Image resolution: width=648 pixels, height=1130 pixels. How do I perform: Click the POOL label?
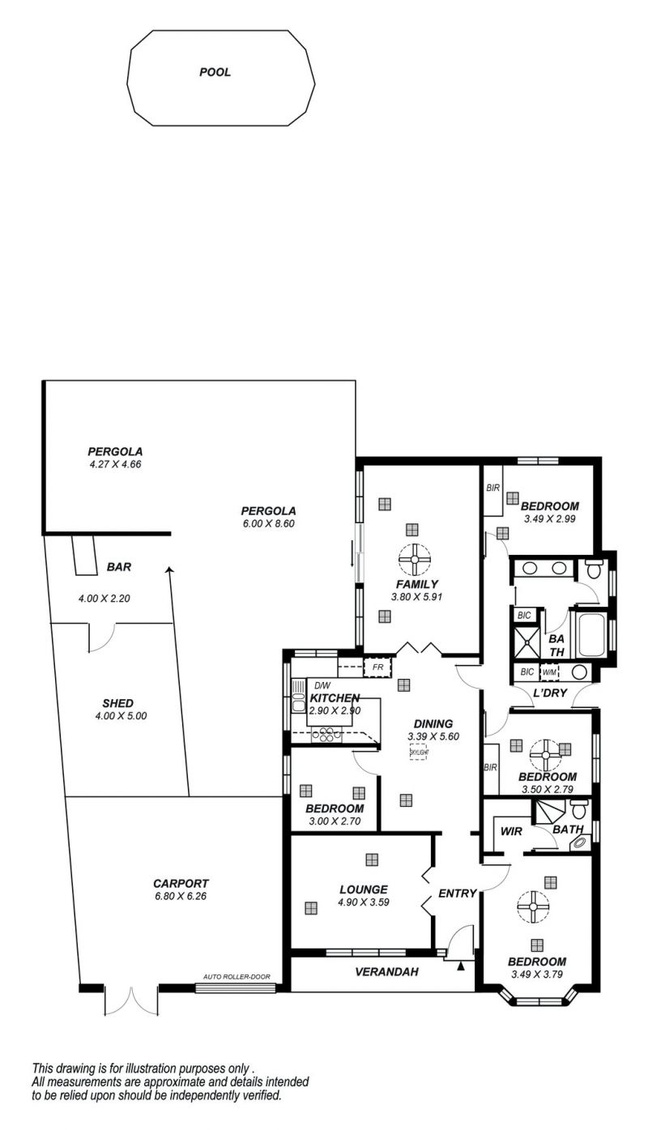click(215, 72)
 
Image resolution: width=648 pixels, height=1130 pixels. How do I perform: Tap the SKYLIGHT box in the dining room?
click(419, 753)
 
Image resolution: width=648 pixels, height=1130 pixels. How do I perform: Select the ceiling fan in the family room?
click(415, 559)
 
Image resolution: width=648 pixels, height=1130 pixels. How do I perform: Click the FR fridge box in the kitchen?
click(377, 667)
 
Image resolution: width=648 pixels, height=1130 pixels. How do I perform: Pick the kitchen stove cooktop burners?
click(326, 735)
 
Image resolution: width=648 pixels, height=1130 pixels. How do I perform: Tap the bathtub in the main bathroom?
click(592, 634)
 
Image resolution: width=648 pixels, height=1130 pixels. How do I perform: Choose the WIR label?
click(511, 831)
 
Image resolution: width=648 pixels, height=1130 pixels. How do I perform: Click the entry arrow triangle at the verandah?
click(460, 966)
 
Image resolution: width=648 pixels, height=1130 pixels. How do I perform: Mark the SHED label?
click(118, 703)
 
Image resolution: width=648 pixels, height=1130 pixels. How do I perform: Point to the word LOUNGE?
click(364, 889)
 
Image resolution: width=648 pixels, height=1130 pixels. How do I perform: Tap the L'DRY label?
click(550, 693)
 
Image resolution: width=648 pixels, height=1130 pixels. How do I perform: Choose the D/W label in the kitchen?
click(322, 685)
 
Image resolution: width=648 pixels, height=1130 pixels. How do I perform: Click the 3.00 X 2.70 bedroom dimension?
click(335, 821)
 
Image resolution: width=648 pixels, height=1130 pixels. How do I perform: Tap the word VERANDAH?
click(387, 971)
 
